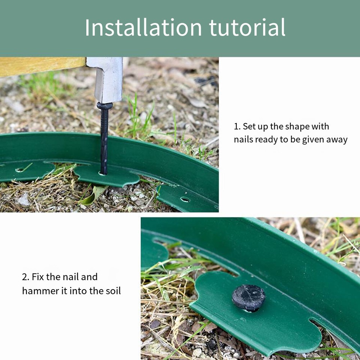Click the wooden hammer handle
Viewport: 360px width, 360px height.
pos(41,66)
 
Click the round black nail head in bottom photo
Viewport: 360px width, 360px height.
pos(249,297)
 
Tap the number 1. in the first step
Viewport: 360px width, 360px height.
pos(237,126)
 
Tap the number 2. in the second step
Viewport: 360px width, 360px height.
pos(25,277)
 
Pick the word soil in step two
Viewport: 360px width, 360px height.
pos(113,291)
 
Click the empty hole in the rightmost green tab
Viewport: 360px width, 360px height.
pos(185,199)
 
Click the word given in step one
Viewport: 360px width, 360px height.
pos(313,139)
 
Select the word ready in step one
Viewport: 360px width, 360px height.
pos(266,139)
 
